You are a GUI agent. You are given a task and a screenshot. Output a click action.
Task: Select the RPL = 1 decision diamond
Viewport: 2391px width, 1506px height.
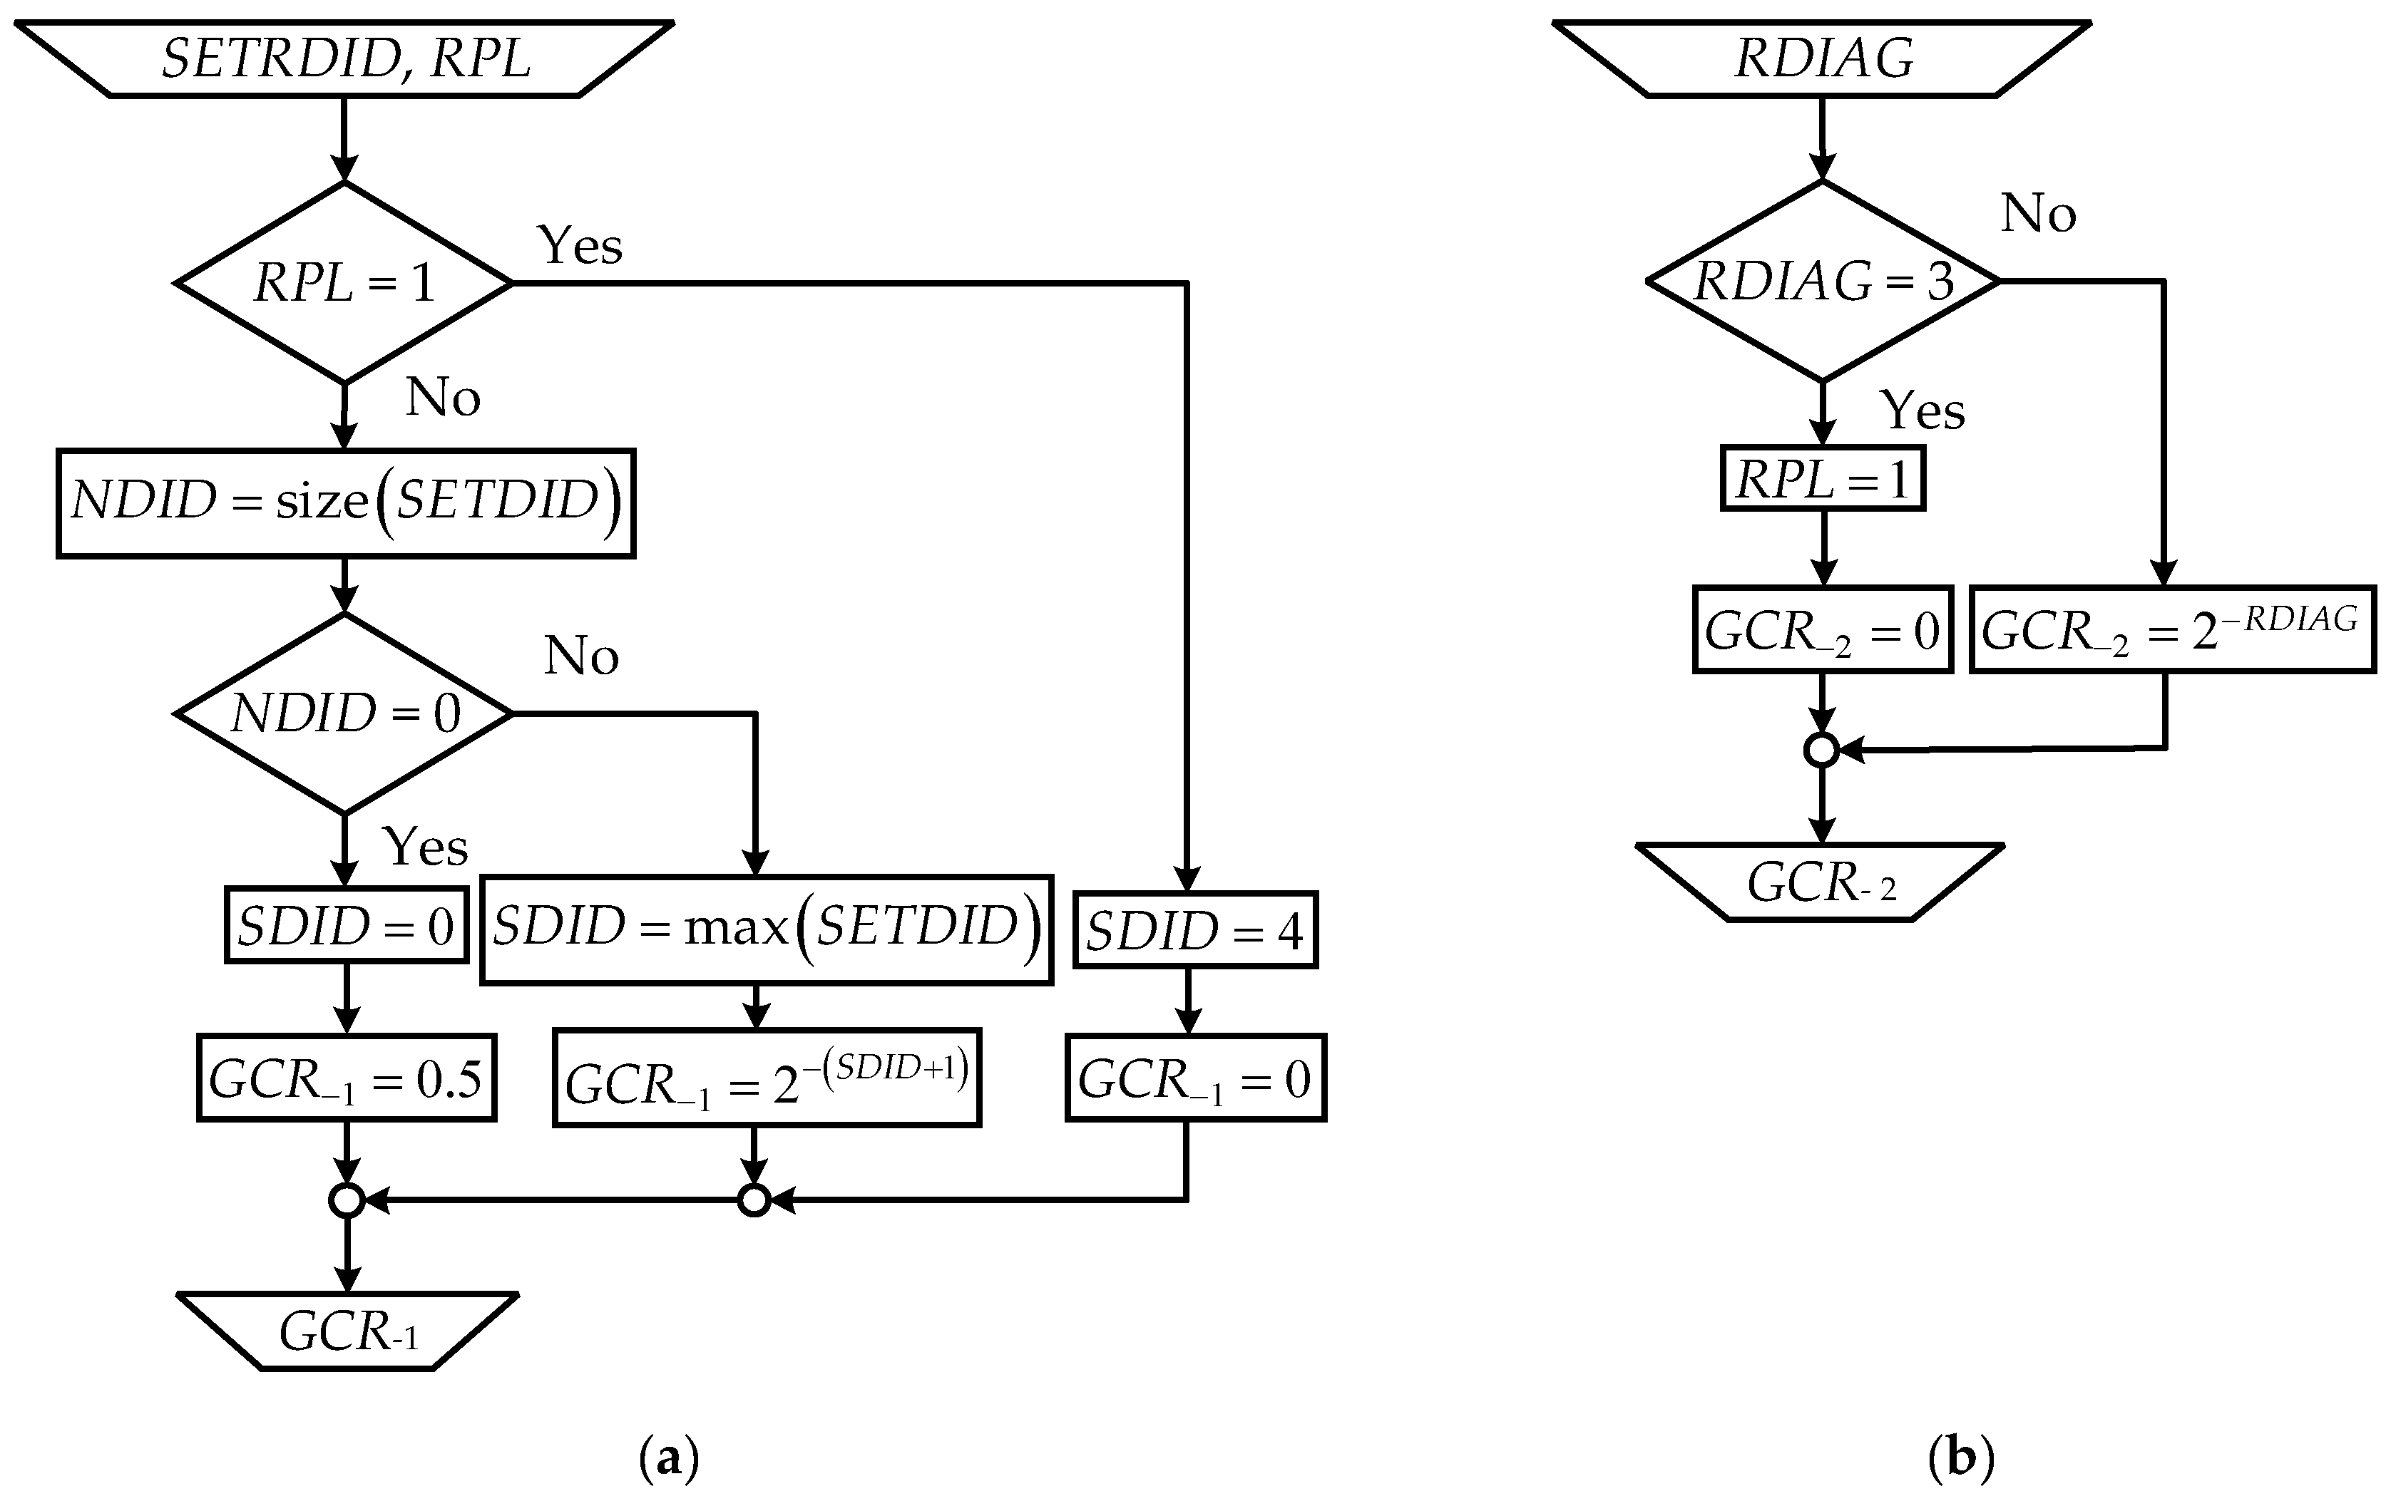coord(344,283)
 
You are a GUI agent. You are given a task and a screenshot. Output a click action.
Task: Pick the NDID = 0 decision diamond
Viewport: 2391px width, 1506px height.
coord(344,713)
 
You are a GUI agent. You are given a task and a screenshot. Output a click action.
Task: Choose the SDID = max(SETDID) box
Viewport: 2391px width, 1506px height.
coord(767,929)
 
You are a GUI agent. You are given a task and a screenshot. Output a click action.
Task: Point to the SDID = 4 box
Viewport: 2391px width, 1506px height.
coord(1194,930)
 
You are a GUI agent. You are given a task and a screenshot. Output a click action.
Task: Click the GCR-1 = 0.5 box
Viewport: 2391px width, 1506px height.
coord(346,1078)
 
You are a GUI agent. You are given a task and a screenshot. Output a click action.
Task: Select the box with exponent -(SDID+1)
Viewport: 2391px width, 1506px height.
coord(767,1078)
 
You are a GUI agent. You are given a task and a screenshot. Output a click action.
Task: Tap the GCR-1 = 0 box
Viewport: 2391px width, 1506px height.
coord(1195,1078)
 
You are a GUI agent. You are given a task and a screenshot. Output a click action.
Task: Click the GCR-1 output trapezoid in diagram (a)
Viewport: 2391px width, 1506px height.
coord(347,1331)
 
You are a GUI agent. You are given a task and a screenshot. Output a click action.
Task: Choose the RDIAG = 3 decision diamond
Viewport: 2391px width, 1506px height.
coord(1822,281)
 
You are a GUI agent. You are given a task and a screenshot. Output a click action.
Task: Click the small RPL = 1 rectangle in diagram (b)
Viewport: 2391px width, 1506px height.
coord(1822,480)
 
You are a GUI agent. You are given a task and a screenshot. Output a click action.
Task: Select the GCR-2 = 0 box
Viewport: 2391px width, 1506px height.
coord(1822,630)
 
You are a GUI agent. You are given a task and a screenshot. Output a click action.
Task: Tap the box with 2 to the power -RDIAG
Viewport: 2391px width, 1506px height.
coord(2171,630)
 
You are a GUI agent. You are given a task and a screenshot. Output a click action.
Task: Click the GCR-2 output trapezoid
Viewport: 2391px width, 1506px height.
coord(1820,882)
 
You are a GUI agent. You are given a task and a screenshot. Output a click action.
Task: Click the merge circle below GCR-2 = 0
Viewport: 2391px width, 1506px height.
coord(1821,751)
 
